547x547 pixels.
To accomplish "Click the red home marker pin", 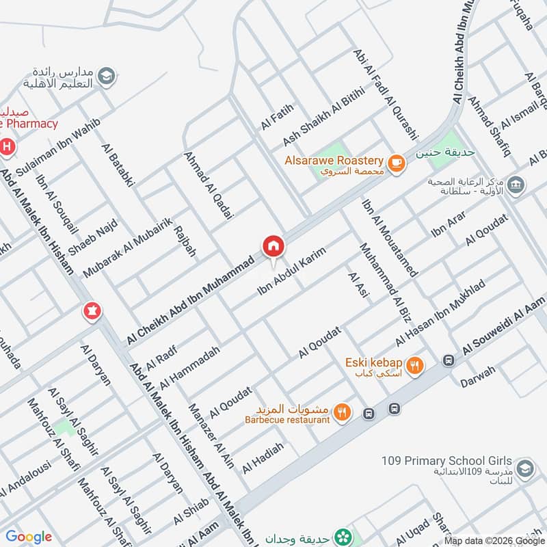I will [272, 246].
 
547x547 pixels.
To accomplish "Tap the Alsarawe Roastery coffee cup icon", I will [396, 163].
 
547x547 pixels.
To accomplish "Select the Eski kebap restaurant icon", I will [414, 366].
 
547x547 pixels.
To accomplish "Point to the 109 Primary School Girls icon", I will [524, 468].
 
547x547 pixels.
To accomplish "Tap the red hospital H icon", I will [7, 146].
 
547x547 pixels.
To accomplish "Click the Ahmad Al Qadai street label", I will [209, 185].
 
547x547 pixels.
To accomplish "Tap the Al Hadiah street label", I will [263, 457].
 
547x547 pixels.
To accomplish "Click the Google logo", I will [29, 537].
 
